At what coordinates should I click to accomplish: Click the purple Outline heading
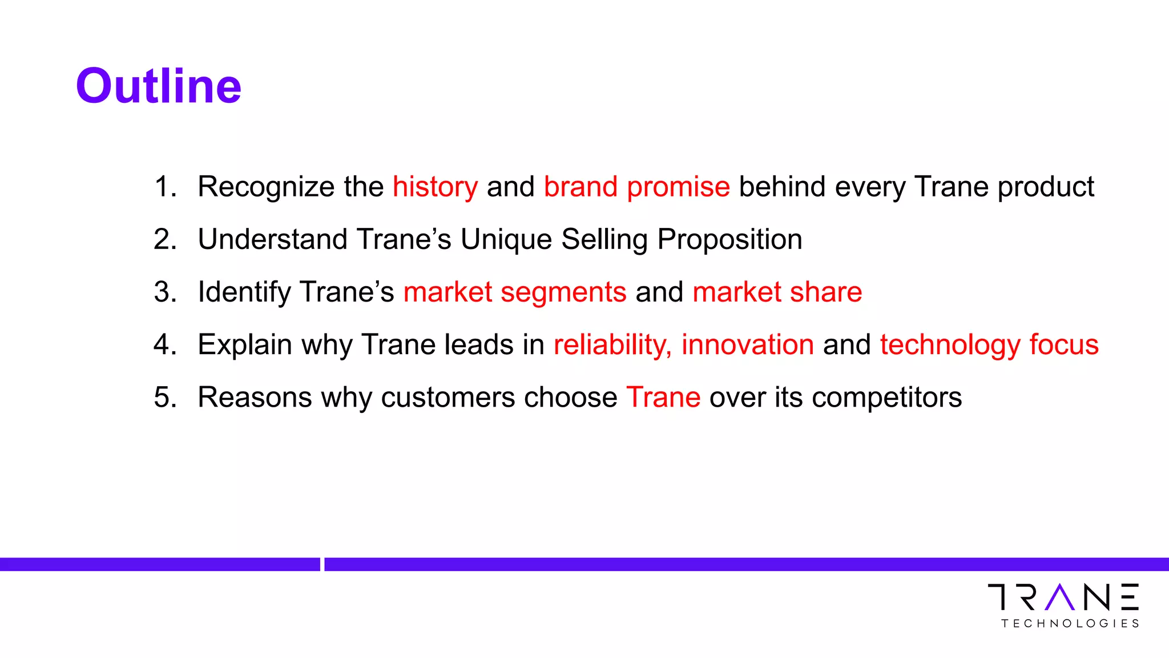158,86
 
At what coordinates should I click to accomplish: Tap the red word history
435,187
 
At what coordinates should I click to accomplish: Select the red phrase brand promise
636,187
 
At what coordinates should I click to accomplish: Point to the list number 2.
164,239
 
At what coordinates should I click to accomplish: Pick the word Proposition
729,239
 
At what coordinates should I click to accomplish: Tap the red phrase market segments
515,292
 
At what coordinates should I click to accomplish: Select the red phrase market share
777,292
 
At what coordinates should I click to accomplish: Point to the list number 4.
164,345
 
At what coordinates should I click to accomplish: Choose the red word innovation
748,345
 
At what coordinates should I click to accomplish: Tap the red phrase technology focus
989,345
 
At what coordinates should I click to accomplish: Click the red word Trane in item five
663,397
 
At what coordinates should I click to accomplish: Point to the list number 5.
164,397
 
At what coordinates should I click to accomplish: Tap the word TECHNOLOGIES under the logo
1070,623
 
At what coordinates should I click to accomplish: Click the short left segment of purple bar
160,564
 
